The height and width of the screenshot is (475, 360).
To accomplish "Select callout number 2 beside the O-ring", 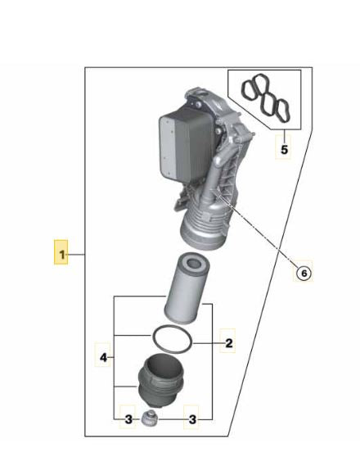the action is click(x=229, y=343).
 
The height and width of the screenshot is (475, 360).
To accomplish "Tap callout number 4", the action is click(x=103, y=357).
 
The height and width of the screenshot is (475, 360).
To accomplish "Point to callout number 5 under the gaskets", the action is click(x=284, y=149).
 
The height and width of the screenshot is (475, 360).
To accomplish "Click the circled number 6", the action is click(x=304, y=274).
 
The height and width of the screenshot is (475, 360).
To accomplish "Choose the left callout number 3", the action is click(x=128, y=419).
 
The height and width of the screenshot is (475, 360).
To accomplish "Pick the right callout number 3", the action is click(x=192, y=419).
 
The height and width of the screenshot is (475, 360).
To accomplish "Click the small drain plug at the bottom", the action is click(x=149, y=418).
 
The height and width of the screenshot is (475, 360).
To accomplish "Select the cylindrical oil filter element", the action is click(x=186, y=287).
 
